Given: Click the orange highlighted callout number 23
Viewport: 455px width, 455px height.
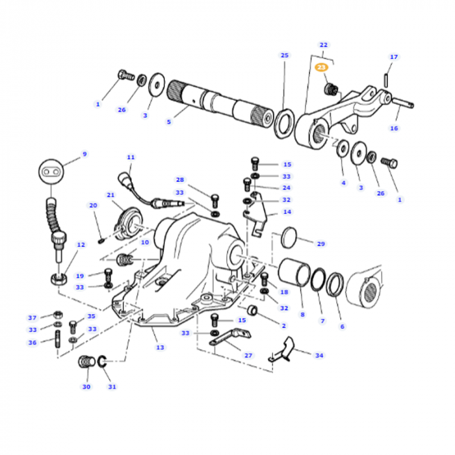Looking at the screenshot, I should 322,67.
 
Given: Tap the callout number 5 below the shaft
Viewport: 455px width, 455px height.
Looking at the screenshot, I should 169,121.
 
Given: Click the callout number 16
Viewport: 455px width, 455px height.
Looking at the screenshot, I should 394,128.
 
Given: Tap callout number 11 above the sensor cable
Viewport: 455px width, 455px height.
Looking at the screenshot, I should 131,157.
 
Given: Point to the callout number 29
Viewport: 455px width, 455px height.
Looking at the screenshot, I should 320,244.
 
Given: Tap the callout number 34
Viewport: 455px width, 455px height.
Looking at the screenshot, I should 318,356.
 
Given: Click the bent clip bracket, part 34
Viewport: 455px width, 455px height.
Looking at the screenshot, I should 283,351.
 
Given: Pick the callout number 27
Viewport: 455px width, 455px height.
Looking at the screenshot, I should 248,356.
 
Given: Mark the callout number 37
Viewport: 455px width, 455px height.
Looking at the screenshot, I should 32,317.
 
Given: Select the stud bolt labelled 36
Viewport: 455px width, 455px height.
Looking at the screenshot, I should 58,342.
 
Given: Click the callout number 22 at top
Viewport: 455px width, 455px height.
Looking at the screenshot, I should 323,44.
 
